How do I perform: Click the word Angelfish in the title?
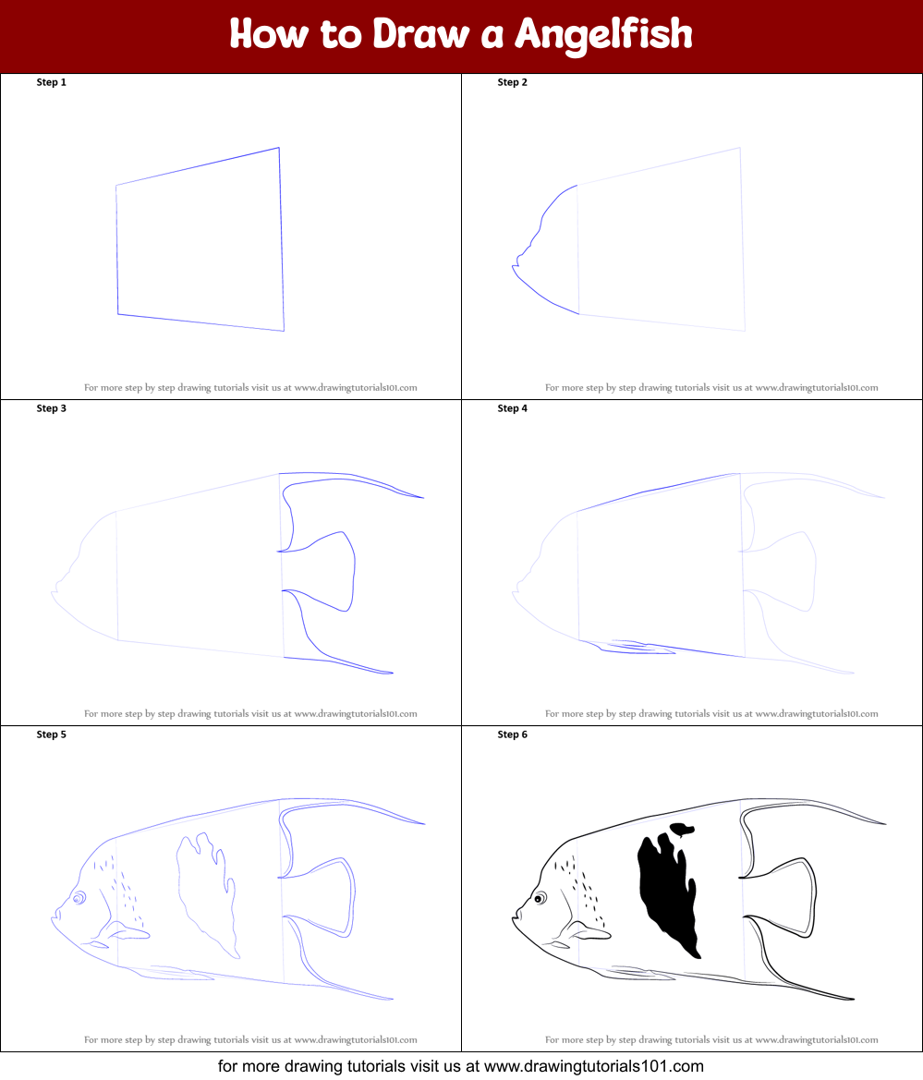603,34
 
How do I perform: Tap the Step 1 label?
52,82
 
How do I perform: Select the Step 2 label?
513,82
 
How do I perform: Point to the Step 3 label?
52,408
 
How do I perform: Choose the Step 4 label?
513,408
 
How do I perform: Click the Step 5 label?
52,734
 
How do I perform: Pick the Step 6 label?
513,734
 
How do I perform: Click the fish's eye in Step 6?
540,897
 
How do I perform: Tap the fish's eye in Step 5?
79,897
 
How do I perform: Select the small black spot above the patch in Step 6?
682,829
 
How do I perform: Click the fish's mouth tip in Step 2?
513,267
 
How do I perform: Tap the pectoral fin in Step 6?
589,931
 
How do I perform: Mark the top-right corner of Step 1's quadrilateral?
279,148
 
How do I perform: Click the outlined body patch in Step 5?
205,892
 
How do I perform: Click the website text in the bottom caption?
591,1065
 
